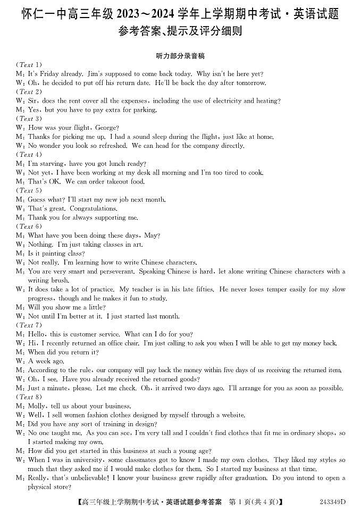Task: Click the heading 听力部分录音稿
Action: (x=180, y=56)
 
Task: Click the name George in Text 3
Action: (x=107, y=128)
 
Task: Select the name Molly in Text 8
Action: (x=37, y=406)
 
